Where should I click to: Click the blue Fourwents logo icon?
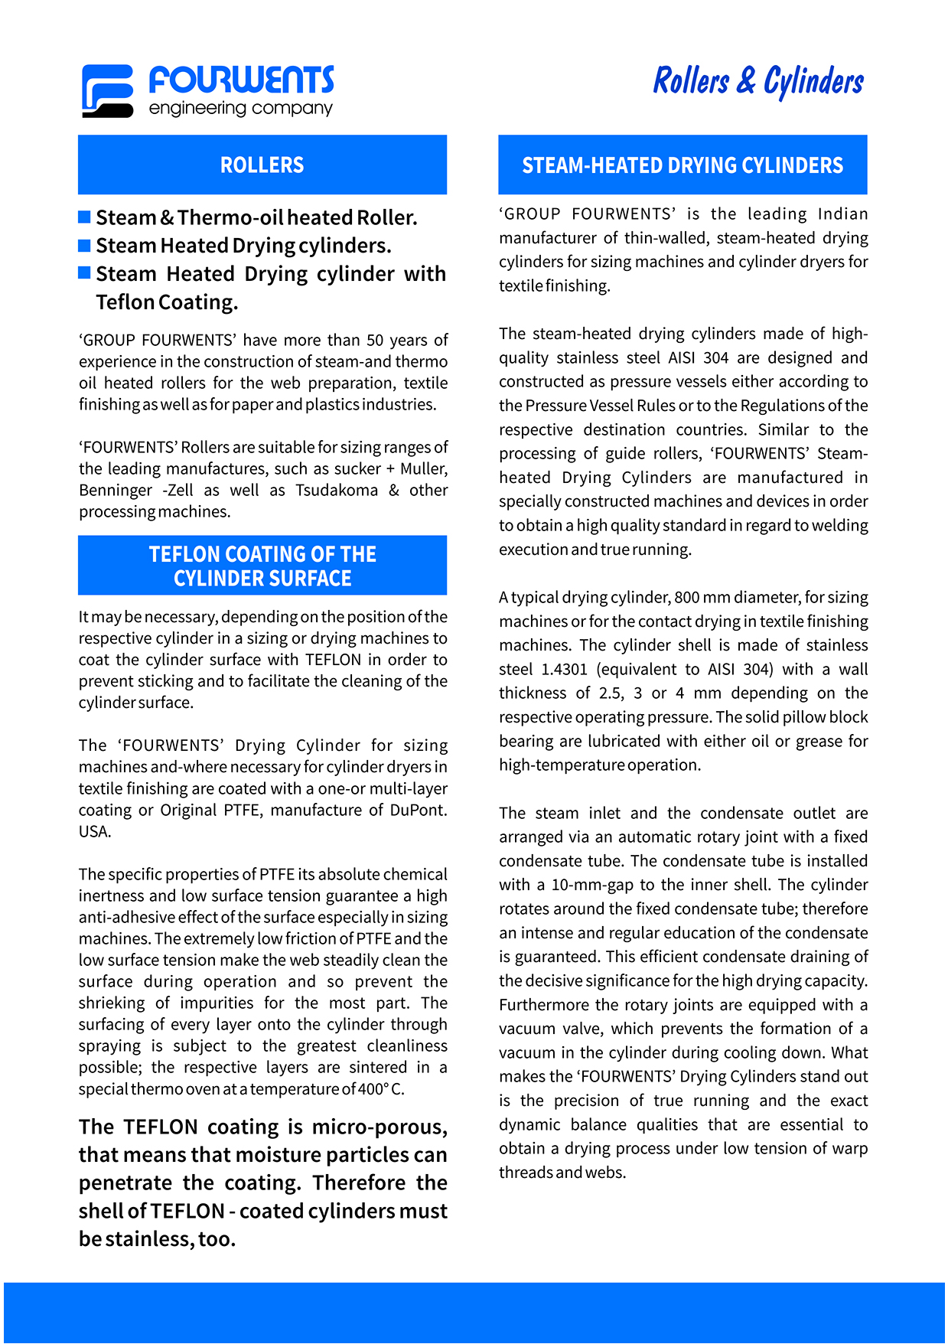107,90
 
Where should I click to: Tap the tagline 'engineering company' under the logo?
240,109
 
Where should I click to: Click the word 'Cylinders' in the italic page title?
813,81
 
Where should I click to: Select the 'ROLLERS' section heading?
262,165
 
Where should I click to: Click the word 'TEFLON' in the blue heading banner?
181,554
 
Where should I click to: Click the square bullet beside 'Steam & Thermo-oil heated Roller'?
85,217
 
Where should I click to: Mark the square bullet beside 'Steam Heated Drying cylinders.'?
85,246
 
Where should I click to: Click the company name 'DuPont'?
417,811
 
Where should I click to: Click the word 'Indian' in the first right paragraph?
842,214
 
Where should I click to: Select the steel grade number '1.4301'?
564,670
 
